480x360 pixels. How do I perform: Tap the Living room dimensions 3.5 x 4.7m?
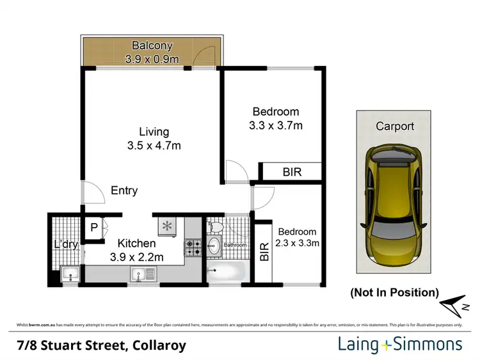pyautogui.click(x=154, y=145)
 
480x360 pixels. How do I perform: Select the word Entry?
pyautogui.click(x=124, y=191)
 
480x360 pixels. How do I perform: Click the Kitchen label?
pyautogui.click(x=136, y=244)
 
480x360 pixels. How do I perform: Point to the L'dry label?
pyautogui.click(x=65, y=245)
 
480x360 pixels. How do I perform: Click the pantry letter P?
pyautogui.click(x=93, y=228)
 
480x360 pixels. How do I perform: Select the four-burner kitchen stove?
pyautogui.click(x=193, y=248)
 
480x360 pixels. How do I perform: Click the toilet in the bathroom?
pyautogui.click(x=216, y=227)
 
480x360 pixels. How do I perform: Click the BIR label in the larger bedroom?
pyautogui.click(x=291, y=172)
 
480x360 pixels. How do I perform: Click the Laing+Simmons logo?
pyautogui.click(x=400, y=345)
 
